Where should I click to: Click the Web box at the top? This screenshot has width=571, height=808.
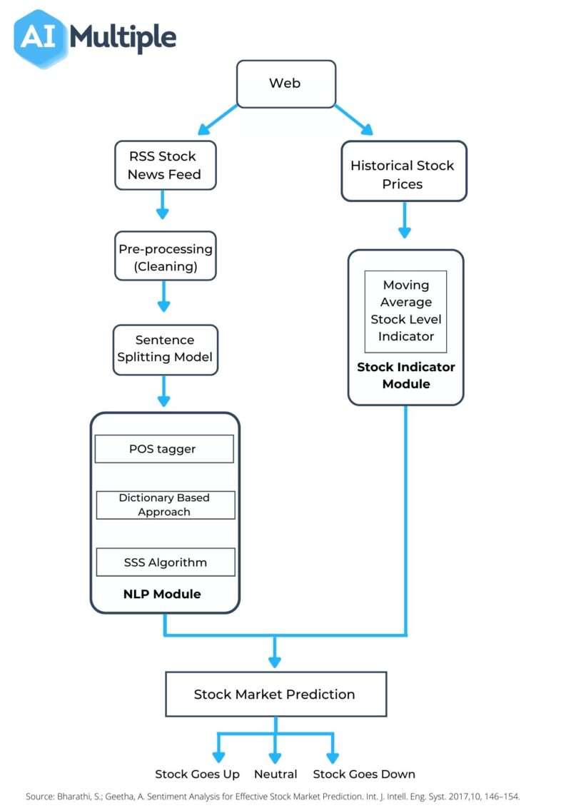coord(285,84)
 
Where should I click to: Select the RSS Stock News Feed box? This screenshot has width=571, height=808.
coord(165,165)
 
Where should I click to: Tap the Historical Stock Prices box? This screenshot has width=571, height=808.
coord(403,174)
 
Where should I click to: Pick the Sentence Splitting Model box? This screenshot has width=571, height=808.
coord(165,348)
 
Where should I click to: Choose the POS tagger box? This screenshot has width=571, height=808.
coord(163,449)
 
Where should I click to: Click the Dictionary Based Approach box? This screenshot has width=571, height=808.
coord(164,505)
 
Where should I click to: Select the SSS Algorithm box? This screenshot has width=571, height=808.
coord(164,562)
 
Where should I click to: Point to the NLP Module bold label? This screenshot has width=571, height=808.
coord(163,594)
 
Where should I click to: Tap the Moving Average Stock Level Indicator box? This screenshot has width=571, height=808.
coord(405,311)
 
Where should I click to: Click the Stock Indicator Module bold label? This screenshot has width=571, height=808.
coord(405,375)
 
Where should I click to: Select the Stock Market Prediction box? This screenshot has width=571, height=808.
coord(275,694)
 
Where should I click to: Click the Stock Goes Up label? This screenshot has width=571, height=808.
coord(197,774)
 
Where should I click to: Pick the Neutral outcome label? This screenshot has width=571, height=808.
coord(276,774)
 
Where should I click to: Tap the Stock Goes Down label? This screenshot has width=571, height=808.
coord(363,774)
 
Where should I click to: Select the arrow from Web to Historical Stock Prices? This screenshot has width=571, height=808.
coord(353,119)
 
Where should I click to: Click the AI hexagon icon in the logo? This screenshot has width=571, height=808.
coord(38,37)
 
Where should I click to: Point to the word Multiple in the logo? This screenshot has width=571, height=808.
coord(122,36)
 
